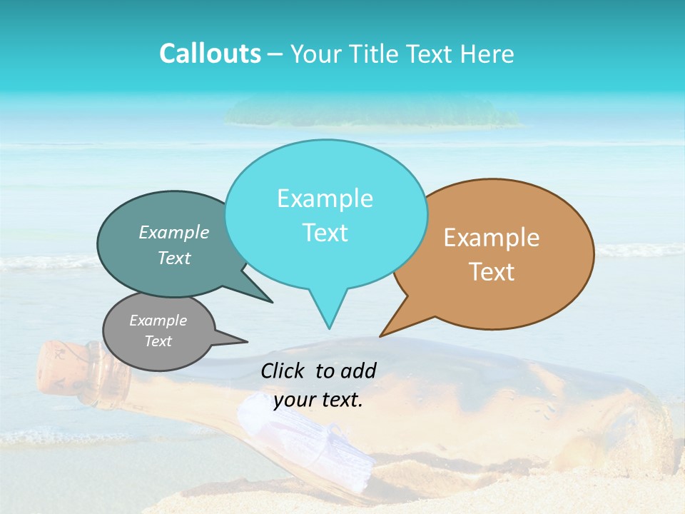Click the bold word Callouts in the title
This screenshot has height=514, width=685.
[x=210, y=54]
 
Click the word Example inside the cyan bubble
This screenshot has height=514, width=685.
[x=325, y=198]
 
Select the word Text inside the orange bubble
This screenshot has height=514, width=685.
[x=492, y=272]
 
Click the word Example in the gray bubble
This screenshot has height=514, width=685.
[x=158, y=321]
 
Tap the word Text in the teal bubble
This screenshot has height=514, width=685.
[x=174, y=258]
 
